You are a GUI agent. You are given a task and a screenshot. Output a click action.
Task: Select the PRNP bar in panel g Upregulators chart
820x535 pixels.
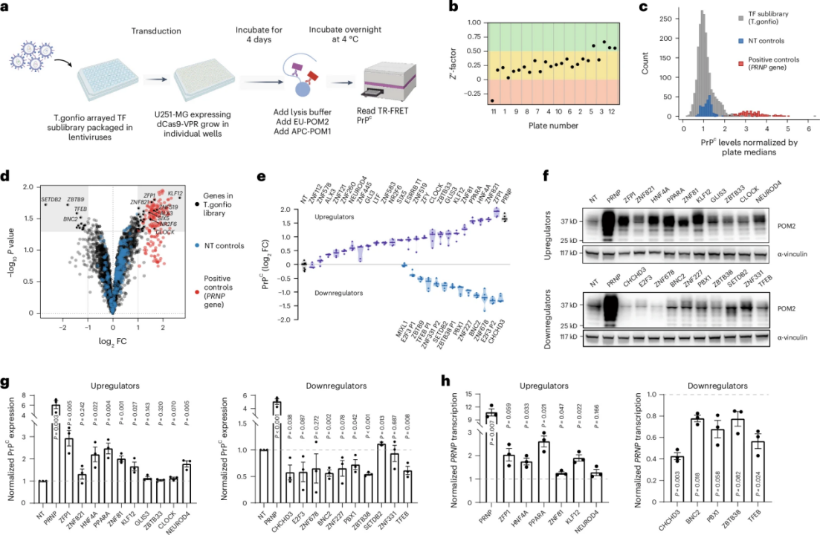(55, 443)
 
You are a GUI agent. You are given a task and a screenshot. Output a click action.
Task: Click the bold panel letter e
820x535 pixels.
(265, 177)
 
